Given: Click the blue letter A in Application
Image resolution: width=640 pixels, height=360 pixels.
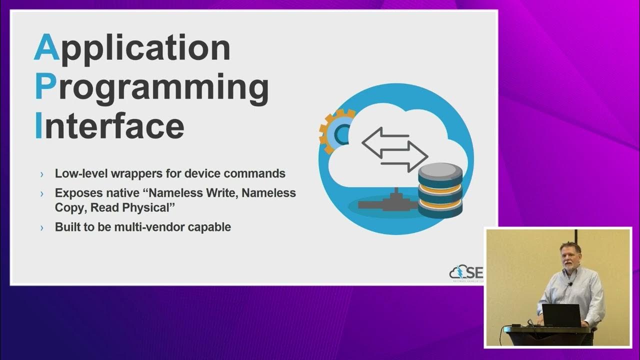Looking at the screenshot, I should click(x=46, y=48).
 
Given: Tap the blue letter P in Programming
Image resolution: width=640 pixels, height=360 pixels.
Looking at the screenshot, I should click(x=45, y=87).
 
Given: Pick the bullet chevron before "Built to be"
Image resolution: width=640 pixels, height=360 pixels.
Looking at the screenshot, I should click(x=42, y=227).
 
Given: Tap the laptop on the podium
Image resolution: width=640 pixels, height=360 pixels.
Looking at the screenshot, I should click(x=561, y=315).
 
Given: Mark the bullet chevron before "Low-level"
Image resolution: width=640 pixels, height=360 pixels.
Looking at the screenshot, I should click(x=42, y=174).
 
